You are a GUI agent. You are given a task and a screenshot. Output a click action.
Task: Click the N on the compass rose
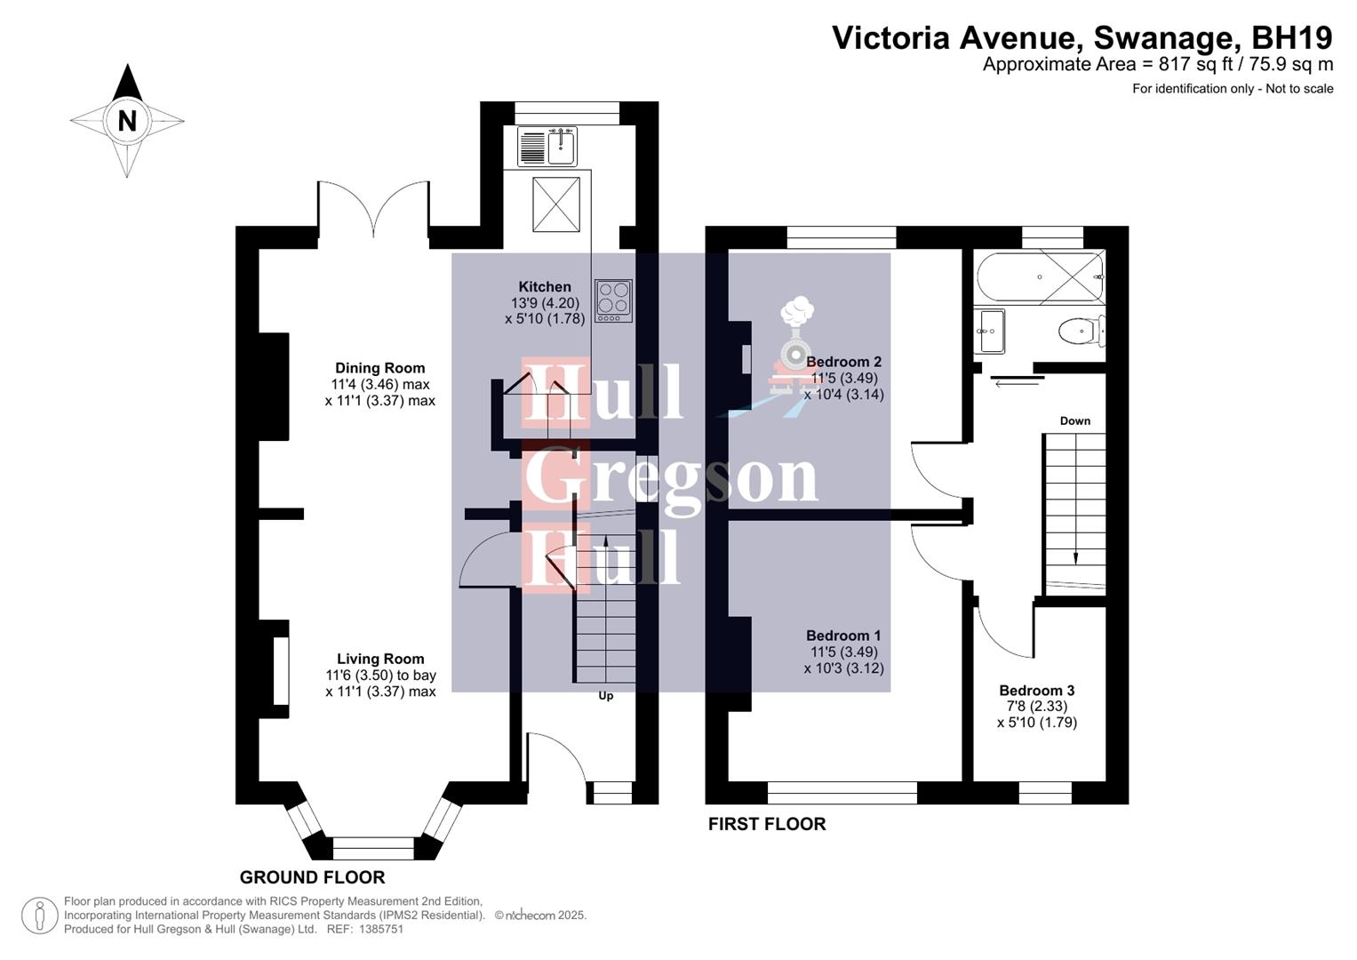pos(127,121)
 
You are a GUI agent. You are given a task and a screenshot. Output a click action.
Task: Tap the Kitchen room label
pos(545,286)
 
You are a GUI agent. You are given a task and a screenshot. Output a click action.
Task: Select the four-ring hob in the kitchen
pos(613,300)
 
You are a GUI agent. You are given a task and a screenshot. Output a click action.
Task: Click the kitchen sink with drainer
pos(547,146)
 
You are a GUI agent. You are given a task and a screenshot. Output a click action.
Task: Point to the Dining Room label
pos(379,368)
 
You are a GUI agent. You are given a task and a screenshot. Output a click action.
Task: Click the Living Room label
pos(380,659)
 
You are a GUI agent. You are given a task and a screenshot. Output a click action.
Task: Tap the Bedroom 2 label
pos(843,362)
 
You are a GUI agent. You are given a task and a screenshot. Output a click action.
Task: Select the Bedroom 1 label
pos(843,636)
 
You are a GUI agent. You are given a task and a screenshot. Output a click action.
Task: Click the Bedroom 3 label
pos(1036,691)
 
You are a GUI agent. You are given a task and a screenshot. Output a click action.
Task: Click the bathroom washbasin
pos(989,332)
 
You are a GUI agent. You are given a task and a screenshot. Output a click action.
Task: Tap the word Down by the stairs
pos(1074,420)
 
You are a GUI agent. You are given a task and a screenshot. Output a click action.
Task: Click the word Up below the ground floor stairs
pos(605,696)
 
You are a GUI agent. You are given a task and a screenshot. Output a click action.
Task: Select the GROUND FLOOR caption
pos(312,877)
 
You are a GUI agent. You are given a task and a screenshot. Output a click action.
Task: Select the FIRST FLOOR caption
pos(767,824)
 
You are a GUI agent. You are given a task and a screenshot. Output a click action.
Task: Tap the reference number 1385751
pos(379,929)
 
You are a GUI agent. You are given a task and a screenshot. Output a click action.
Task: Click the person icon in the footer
pos(39,916)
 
